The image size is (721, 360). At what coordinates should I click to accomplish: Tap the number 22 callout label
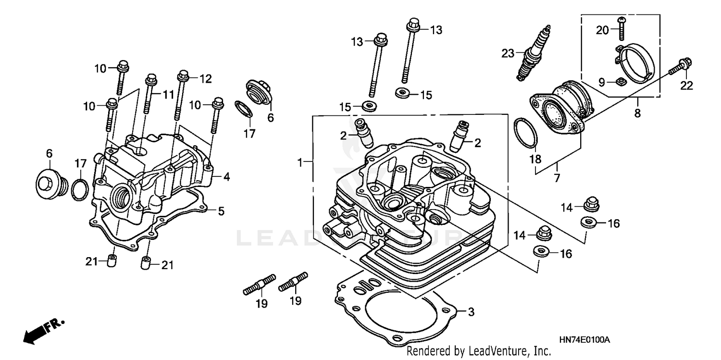687,86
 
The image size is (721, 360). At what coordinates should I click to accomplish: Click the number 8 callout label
637,114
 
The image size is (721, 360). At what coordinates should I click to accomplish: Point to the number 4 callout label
226,177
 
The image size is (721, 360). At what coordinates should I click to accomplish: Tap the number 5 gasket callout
221,211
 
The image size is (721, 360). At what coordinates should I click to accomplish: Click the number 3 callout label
471,312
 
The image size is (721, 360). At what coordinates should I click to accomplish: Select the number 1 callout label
300,163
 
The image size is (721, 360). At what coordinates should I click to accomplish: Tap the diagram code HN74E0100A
584,340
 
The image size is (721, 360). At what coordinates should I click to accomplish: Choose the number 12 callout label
205,79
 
